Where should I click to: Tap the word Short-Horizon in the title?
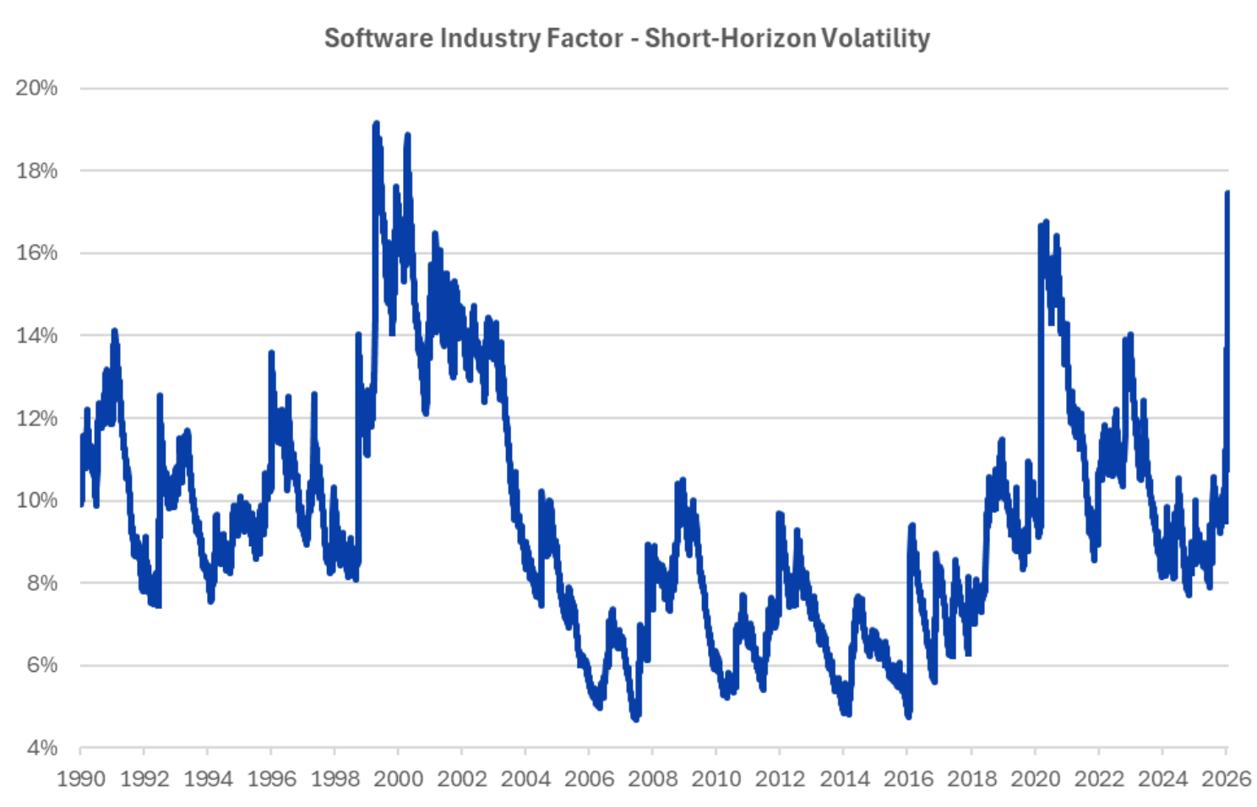(731, 39)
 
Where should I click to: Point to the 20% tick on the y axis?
(36, 88)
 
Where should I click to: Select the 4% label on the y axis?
(41, 748)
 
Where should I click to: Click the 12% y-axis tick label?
(36, 418)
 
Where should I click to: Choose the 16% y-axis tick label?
(36, 252)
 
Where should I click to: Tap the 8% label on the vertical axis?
(41, 582)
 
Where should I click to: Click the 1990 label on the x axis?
(81, 778)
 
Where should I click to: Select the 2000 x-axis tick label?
(399, 778)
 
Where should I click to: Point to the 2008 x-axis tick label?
(653, 778)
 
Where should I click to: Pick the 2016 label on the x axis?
(908, 778)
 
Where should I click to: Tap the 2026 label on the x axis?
(1226, 778)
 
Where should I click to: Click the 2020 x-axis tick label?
(1035, 778)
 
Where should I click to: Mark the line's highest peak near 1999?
(376, 124)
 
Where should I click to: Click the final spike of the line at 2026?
(1227, 193)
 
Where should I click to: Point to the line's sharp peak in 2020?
(1046, 222)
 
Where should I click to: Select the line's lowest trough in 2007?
(635, 718)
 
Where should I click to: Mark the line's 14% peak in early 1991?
(114, 331)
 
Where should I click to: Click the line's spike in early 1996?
(271, 352)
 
